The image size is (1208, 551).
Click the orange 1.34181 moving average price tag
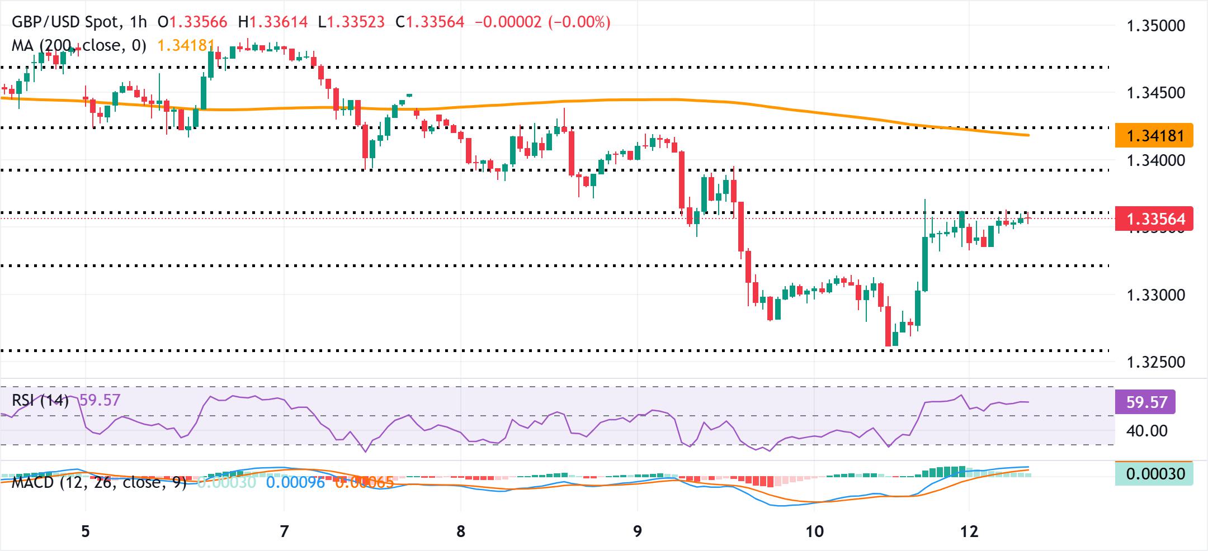(x=1154, y=136)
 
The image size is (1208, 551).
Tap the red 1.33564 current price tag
(x=1154, y=218)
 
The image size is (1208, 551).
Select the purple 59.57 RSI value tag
(x=1145, y=402)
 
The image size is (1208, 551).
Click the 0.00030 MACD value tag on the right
(x=1154, y=474)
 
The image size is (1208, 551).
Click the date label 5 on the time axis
(x=85, y=531)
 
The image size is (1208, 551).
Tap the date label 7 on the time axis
(x=284, y=531)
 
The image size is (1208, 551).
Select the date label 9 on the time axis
(x=638, y=531)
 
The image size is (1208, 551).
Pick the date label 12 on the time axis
(x=969, y=531)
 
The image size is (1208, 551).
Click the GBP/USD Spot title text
(x=65, y=22)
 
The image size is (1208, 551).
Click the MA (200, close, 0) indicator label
(x=79, y=45)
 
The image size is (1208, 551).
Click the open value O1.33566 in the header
(x=193, y=22)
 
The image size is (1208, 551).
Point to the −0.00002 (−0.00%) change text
(x=542, y=22)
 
